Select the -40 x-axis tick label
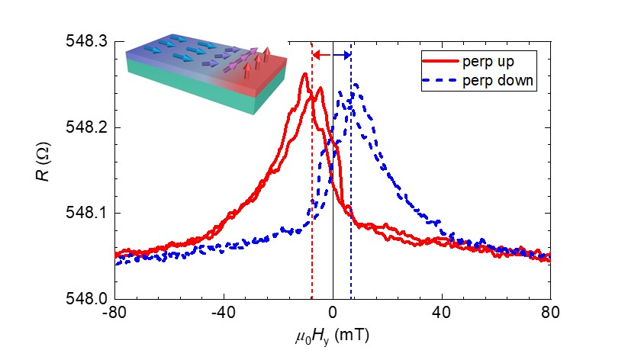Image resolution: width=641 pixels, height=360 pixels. click(224, 313)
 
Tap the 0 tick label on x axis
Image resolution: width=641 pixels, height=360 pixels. click(333, 313)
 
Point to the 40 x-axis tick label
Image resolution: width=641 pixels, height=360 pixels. click(441, 313)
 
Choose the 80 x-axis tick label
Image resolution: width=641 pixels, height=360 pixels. click(550, 313)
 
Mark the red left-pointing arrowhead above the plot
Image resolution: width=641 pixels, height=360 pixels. click(317, 55)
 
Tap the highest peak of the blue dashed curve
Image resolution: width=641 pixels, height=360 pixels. click(355, 85)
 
